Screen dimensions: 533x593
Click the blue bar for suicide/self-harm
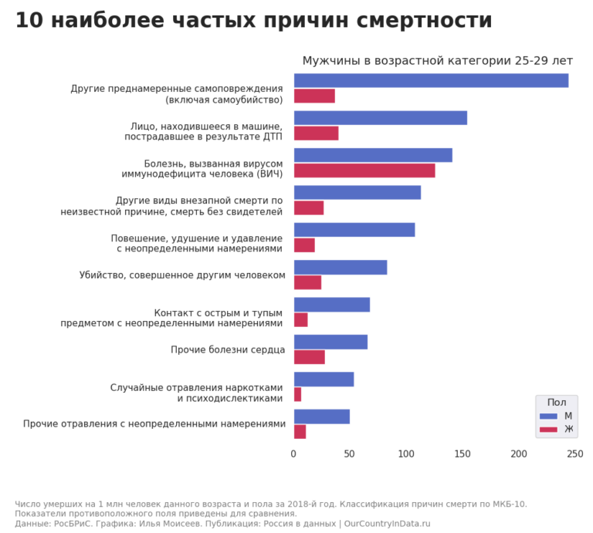431,80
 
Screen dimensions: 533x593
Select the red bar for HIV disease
364,170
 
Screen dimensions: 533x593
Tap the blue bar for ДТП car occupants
380,118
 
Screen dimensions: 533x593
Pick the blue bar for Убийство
340,268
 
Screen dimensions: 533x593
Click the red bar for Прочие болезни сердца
309,357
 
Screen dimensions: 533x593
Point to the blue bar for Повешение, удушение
354,230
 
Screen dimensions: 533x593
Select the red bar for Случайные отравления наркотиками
297,394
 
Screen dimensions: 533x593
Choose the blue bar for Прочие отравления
321,417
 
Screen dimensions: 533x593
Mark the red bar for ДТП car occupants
316,133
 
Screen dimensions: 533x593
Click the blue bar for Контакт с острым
331,305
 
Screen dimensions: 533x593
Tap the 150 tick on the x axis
462,454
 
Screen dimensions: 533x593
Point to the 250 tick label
574,454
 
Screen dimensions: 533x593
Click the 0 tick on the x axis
293,454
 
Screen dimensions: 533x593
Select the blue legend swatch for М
548,417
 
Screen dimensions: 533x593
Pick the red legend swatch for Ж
548,429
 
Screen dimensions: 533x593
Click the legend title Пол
556,402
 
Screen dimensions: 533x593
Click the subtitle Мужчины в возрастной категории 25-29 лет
437,61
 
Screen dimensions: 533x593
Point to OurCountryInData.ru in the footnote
387,524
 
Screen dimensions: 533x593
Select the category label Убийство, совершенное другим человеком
182,275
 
